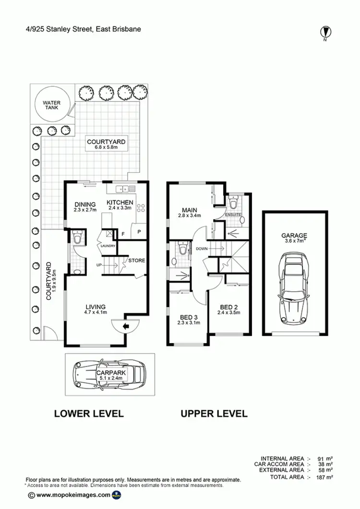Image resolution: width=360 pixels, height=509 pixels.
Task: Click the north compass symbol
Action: (x=326, y=32)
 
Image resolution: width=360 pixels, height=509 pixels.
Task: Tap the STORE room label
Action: (x=136, y=260)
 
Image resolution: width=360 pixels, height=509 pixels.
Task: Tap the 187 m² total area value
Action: (x=324, y=477)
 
